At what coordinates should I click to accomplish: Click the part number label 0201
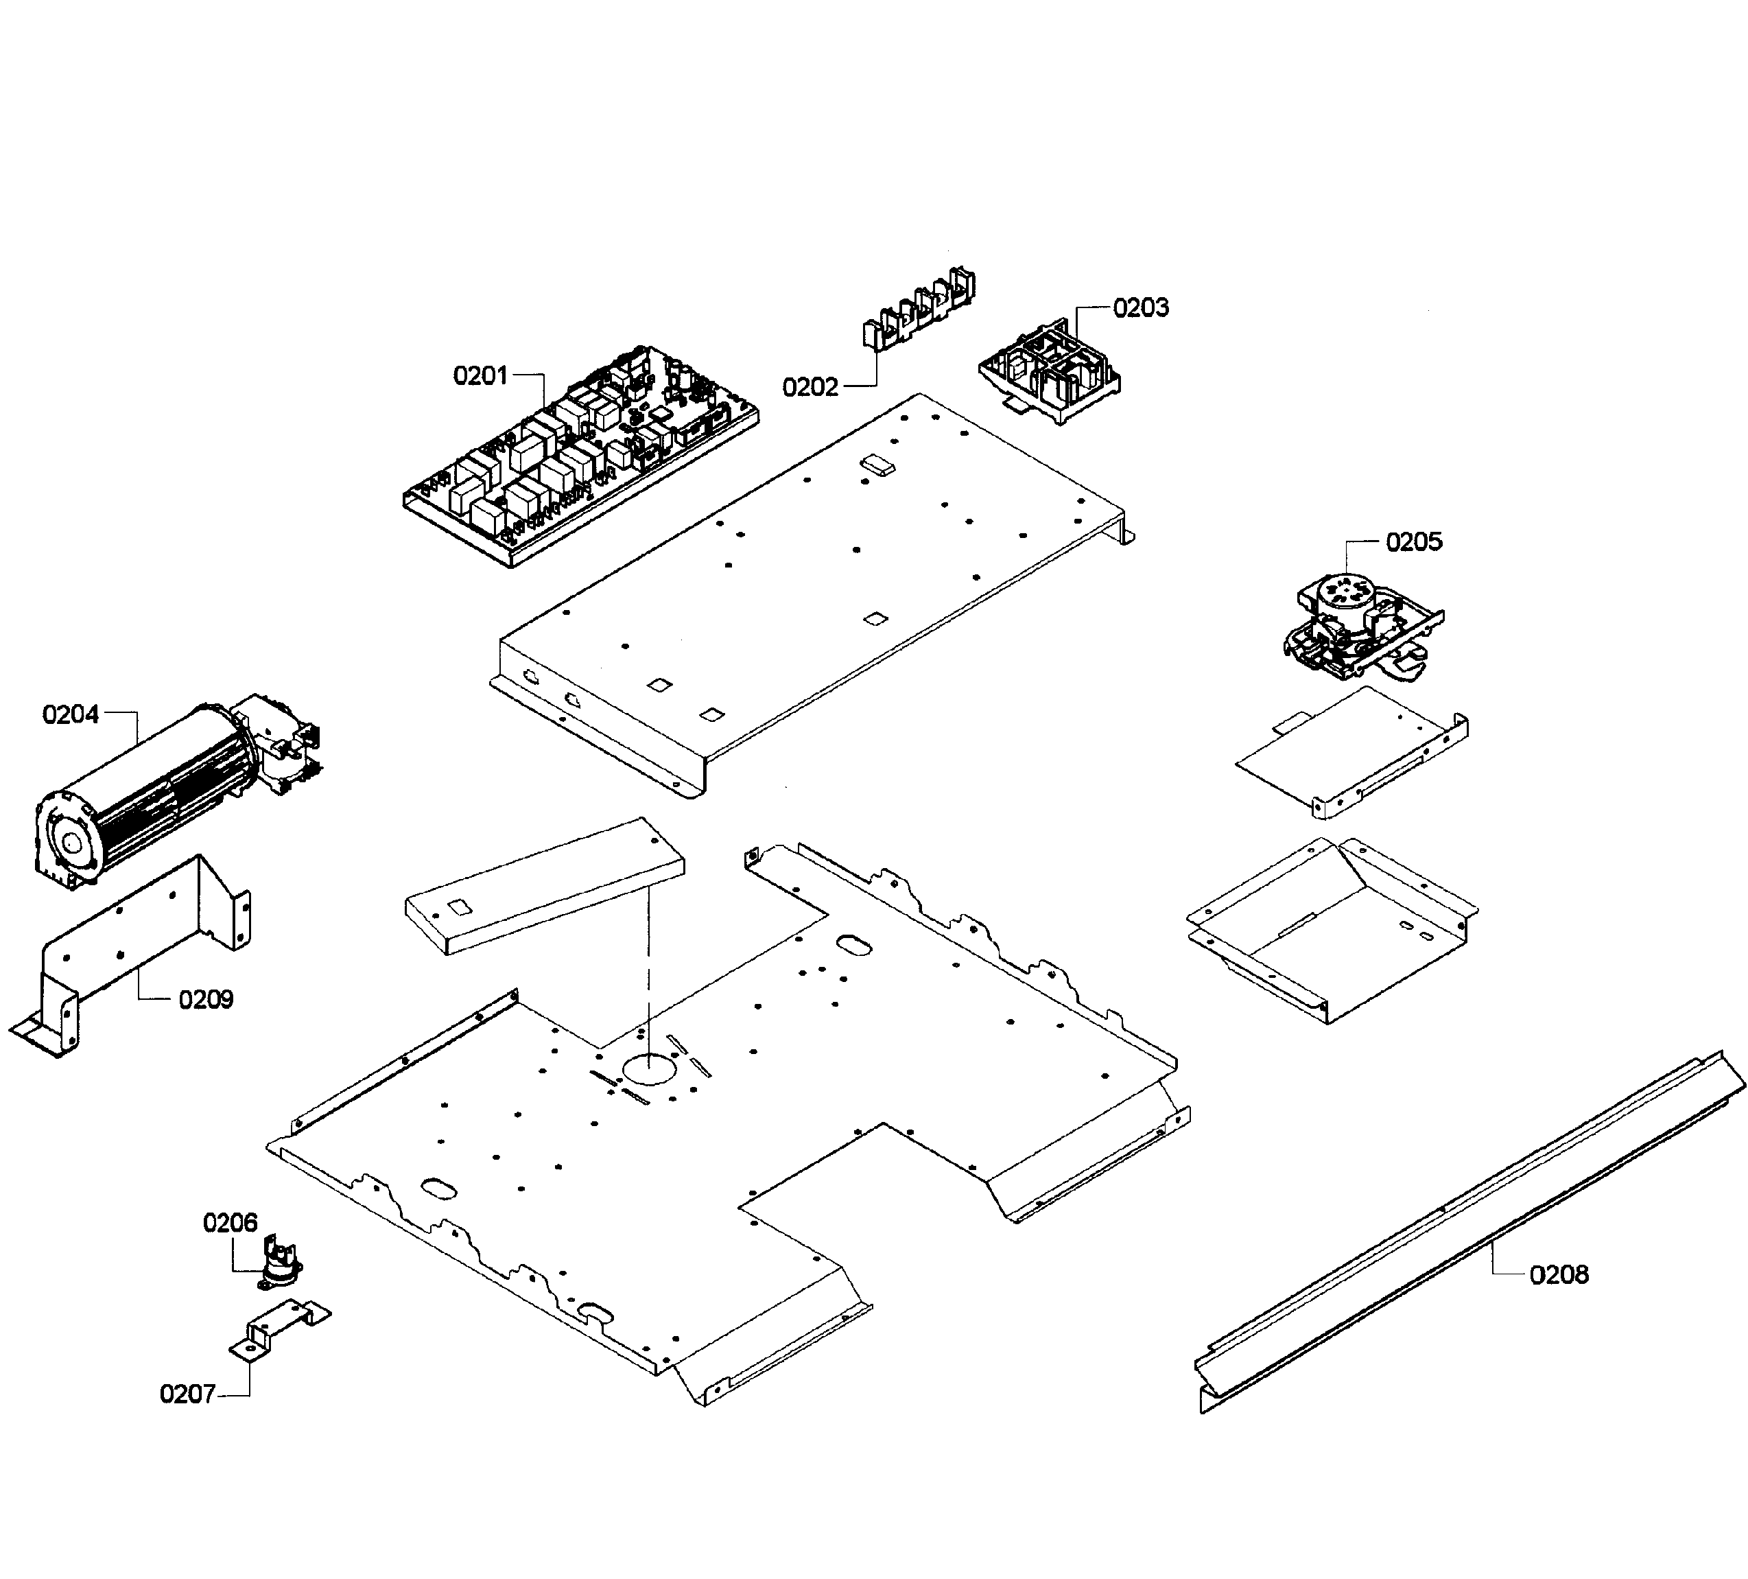tap(480, 375)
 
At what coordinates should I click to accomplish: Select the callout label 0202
tap(810, 387)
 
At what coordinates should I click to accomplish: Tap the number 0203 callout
tap(1140, 308)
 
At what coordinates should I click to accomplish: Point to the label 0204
tap(70, 714)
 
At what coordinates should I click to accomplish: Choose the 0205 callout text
tap(1413, 542)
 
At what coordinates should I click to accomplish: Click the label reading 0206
tap(230, 1223)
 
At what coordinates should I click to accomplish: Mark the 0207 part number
tap(187, 1394)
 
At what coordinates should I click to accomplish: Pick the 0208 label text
tap(1559, 1274)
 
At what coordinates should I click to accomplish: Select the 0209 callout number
tap(206, 1000)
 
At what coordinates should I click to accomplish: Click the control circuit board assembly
tap(581, 460)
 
